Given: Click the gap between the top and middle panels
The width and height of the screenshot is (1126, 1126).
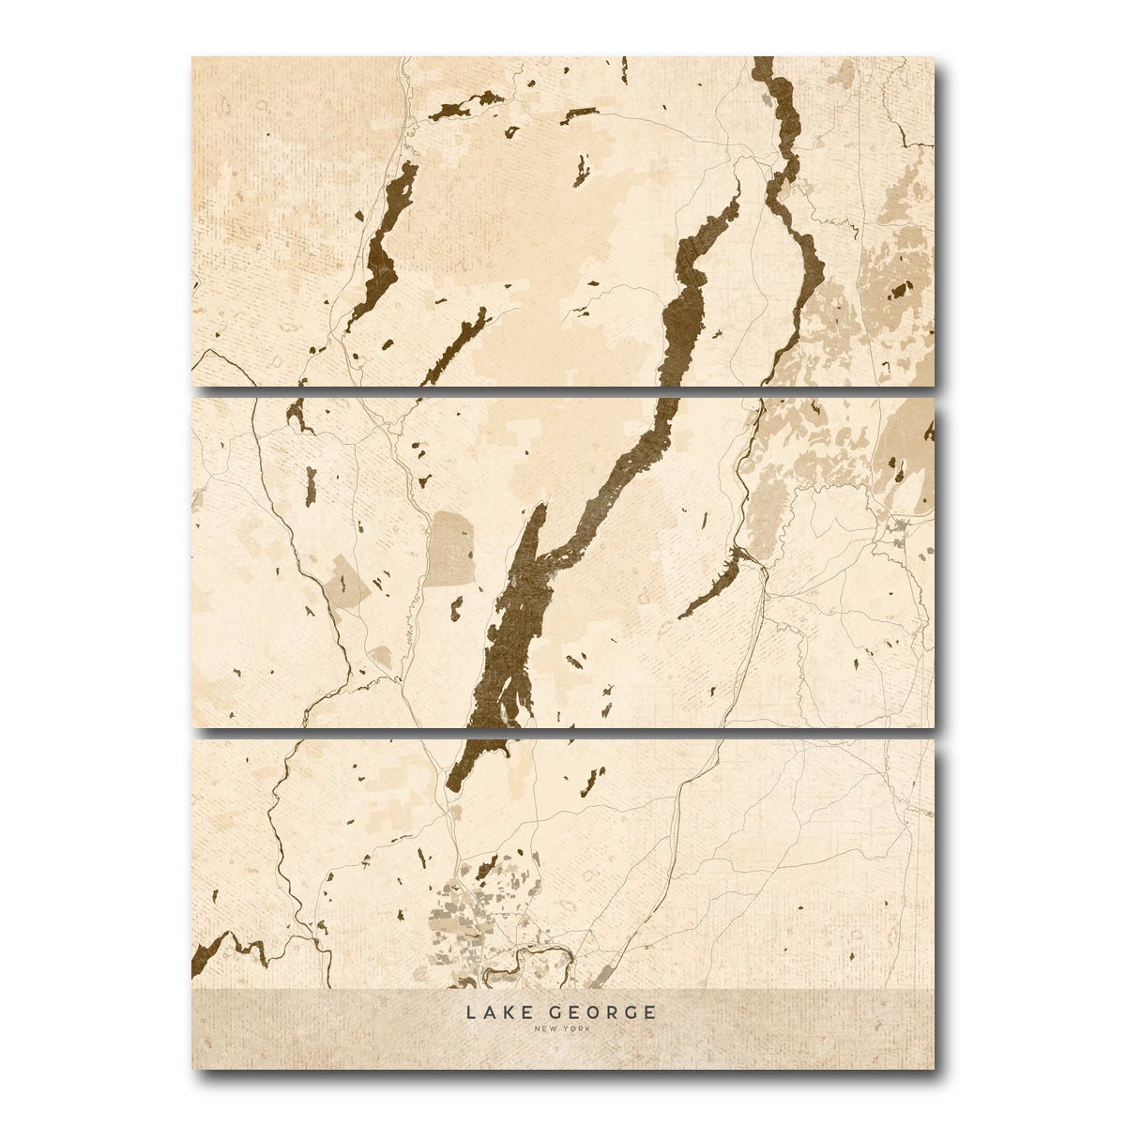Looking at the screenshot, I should click(563, 389).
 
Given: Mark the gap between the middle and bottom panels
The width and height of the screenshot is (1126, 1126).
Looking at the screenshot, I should click(563, 732).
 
